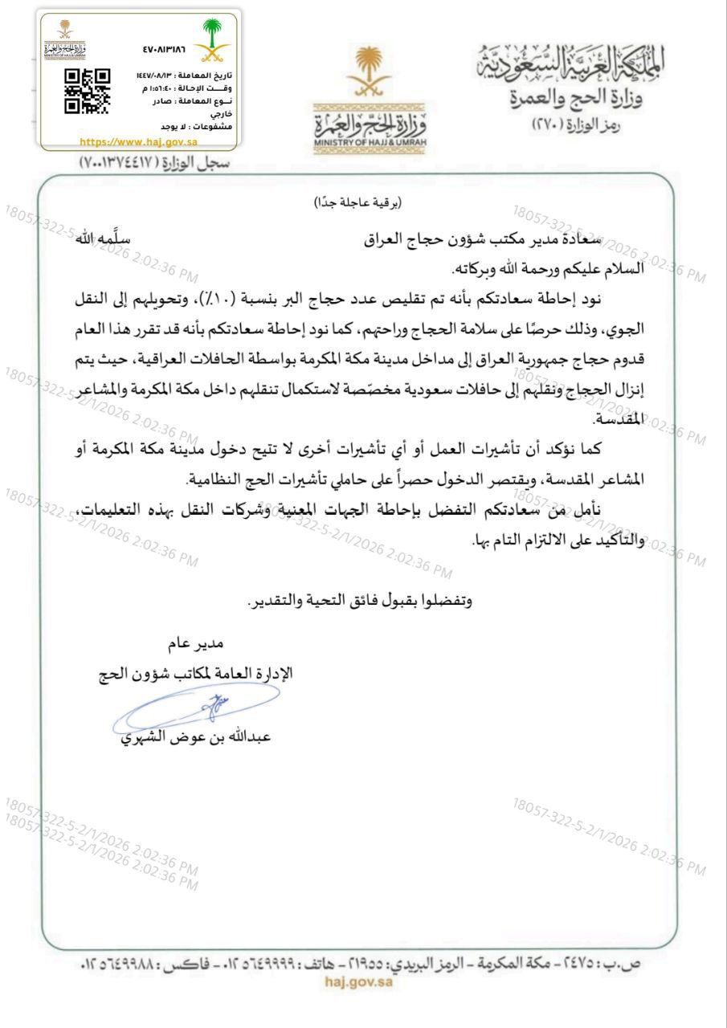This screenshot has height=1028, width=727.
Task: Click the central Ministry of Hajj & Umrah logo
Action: (367, 96)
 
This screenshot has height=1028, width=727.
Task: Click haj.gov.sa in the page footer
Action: (358, 981)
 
